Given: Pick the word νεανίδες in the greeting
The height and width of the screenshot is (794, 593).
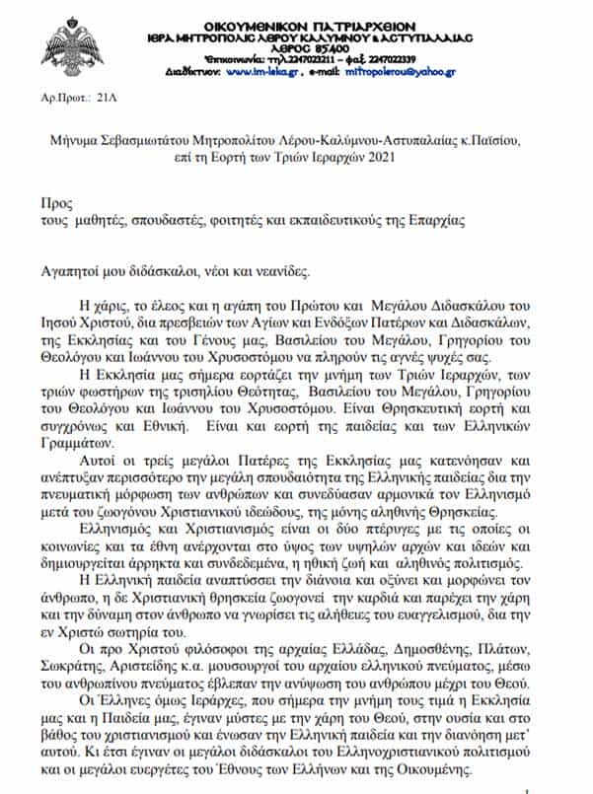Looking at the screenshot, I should coord(285,268).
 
